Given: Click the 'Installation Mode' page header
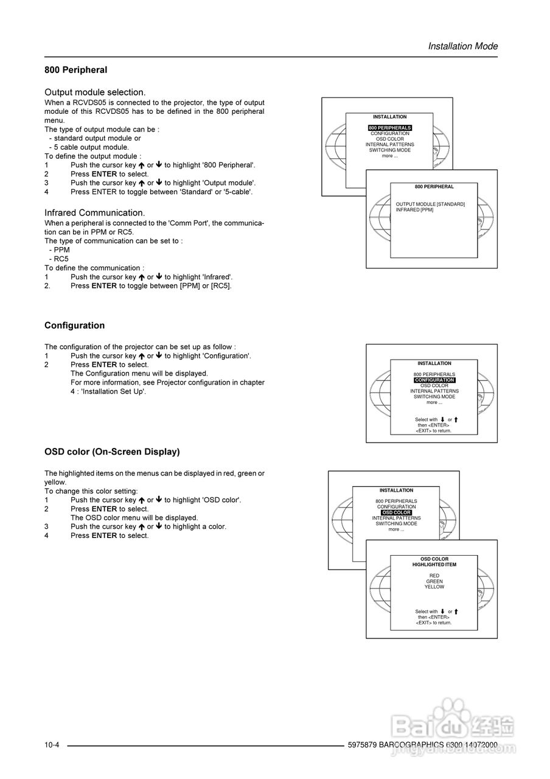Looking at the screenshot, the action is (x=462, y=46).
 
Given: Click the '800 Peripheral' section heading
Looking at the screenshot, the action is (x=75, y=70).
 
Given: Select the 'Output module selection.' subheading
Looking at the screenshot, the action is (x=95, y=93).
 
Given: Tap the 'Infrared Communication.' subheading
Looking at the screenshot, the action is (x=94, y=212).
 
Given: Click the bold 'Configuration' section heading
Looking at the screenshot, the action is (x=74, y=326).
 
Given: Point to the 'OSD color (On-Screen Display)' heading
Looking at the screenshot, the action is (x=112, y=452).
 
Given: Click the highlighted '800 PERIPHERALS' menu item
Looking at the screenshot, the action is (x=390, y=128).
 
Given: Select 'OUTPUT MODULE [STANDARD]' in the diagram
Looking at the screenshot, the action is (x=430, y=204).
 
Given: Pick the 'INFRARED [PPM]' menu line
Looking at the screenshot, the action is (x=414, y=209).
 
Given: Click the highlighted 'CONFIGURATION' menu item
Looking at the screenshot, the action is (x=434, y=380).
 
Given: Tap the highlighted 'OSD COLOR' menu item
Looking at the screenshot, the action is (x=397, y=512).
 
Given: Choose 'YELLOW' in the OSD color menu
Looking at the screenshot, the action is (x=434, y=587).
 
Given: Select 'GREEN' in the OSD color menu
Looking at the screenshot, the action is (x=434, y=581).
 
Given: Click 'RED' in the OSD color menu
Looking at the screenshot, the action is (x=434, y=576).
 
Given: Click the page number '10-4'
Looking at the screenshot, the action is (x=51, y=746).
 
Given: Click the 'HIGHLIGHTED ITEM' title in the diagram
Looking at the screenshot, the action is (x=434, y=565).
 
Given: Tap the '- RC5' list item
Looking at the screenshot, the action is (x=58, y=259).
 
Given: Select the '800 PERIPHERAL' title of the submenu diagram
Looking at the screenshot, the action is (x=434, y=187).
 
